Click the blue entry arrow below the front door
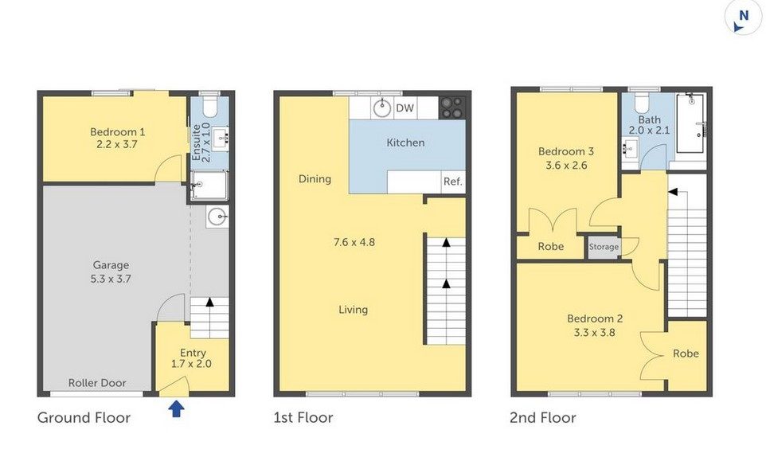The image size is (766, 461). [176, 408]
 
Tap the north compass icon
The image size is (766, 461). [742, 18]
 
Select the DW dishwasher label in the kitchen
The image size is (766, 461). [404, 108]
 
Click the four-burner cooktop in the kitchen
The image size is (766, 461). [452, 107]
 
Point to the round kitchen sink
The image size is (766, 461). [382, 108]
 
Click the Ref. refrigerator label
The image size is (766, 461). [452, 182]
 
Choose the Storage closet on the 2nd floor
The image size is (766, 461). [604, 247]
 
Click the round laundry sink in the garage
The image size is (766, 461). [217, 216]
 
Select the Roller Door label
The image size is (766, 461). [97, 383]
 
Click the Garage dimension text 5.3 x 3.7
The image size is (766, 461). [111, 279]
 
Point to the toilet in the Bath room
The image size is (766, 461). [639, 103]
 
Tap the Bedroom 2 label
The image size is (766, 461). [595, 319]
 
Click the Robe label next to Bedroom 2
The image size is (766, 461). [686, 353]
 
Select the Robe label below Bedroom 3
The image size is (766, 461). [550, 247]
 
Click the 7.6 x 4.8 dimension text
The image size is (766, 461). [354, 242]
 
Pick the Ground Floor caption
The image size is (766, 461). [84, 417]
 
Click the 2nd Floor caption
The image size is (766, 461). [543, 417]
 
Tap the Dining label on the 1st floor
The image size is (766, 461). [315, 179]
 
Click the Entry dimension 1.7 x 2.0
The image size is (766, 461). [191, 364]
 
